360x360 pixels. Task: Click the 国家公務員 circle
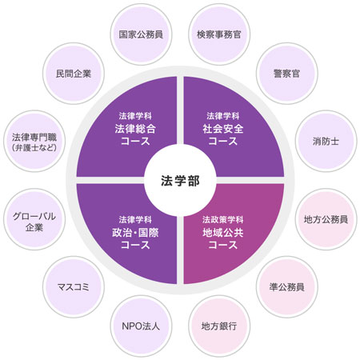click(x=141, y=34)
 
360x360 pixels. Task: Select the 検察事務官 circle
click(x=219, y=34)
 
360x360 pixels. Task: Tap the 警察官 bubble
click(x=287, y=74)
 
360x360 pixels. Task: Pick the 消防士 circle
click(x=326, y=141)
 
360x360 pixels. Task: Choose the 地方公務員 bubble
click(x=326, y=219)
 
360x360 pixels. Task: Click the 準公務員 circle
click(x=287, y=287)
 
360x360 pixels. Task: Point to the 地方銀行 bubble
click(x=219, y=326)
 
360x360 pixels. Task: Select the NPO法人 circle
click(x=141, y=326)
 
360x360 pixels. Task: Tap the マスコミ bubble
click(x=74, y=287)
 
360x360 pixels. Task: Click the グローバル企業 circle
click(x=34, y=219)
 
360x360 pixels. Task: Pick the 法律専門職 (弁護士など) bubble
click(x=34, y=141)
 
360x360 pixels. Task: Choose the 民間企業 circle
click(x=74, y=74)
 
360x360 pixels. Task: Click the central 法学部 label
click(x=180, y=181)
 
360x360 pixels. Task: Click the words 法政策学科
click(x=222, y=220)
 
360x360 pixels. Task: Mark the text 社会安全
click(x=223, y=129)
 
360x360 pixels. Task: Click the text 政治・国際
click(x=135, y=233)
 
